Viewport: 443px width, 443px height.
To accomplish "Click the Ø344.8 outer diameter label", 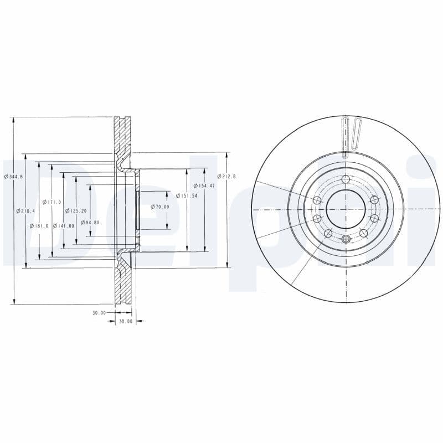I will (x=13, y=176).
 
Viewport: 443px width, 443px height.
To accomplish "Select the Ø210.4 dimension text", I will (x=27, y=211).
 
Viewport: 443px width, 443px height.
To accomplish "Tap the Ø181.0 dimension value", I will (x=40, y=226).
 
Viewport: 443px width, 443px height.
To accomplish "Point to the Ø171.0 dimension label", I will (x=51, y=202).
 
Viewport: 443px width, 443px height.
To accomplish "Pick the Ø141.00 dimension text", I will (x=64, y=226).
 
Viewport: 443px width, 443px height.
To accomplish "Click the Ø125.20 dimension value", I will (x=76, y=211).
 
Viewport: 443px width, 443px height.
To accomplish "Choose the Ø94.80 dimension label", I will (x=90, y=223).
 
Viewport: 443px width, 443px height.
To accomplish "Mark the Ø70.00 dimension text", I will (x=159, y=207).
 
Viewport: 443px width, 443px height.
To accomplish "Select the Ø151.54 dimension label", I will (x=186, y=195).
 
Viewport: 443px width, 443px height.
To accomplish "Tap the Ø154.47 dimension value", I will (x=204, y=186).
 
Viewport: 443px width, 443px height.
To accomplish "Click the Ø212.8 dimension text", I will (x=226, y=176).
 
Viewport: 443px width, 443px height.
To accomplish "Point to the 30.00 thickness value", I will (x=99, y=313).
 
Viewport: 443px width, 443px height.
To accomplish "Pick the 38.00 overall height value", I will (x=126, y=322).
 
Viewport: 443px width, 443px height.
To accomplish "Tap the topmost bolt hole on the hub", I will (x=346, y=179).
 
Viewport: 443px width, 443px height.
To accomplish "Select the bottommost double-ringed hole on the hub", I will (x=346, y=239).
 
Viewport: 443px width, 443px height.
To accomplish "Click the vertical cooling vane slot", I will (x=346, y=136).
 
